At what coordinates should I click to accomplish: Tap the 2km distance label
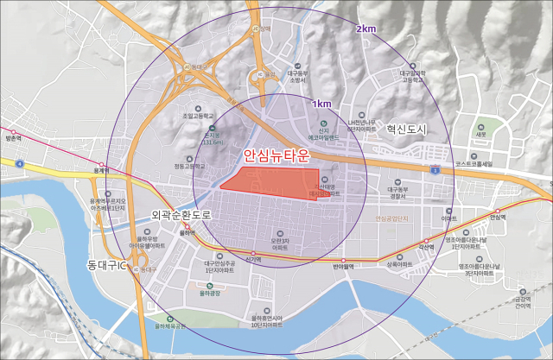pyautogui.click(x=365, y=28)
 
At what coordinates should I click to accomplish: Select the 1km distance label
pyautogui.click(x=321, y=104)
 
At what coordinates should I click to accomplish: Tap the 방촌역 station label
pyautogui.click(x=12, y=138)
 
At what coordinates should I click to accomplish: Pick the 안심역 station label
pyautogui.click(x=496, y=217)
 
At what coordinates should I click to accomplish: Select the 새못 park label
pyautogui.click(x=481, y=135)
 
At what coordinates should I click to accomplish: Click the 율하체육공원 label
pyautogui.click(x=170, y=325)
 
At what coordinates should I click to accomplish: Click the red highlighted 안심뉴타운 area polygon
pyautogui.click(x=276, y=182)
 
